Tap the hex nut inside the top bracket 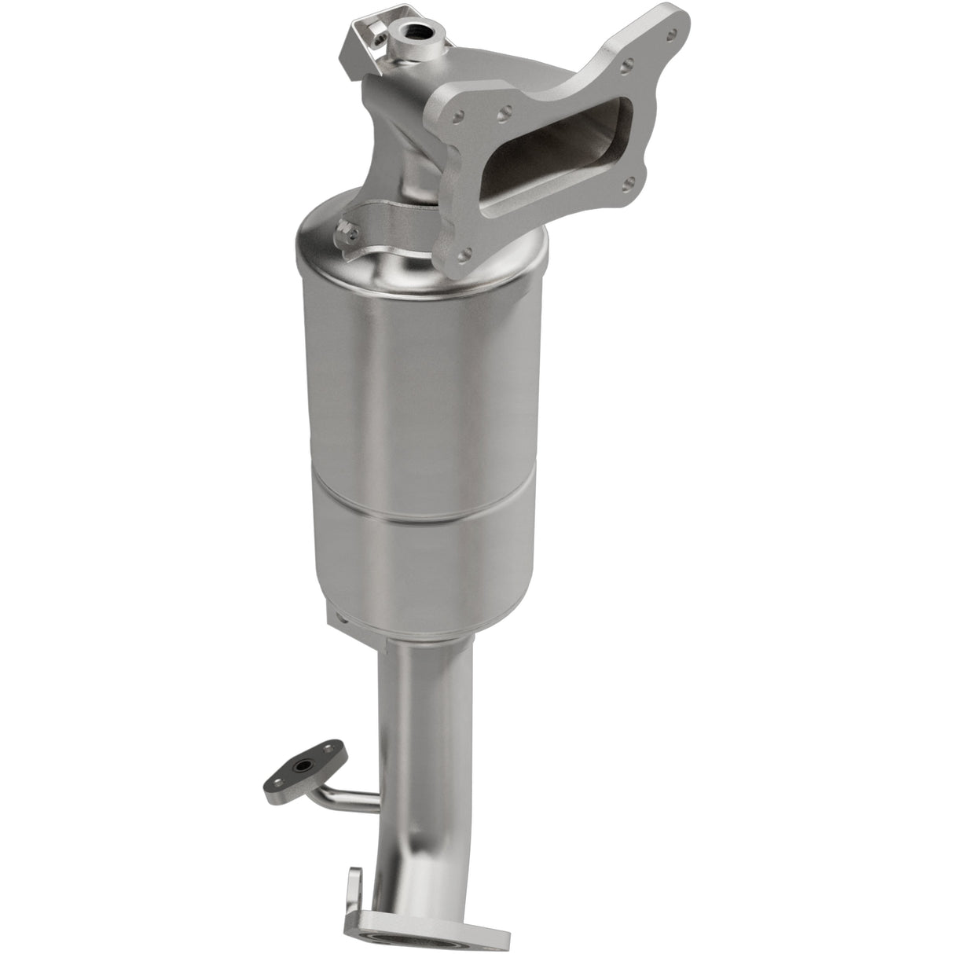[380, 35]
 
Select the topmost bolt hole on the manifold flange [671, 35]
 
